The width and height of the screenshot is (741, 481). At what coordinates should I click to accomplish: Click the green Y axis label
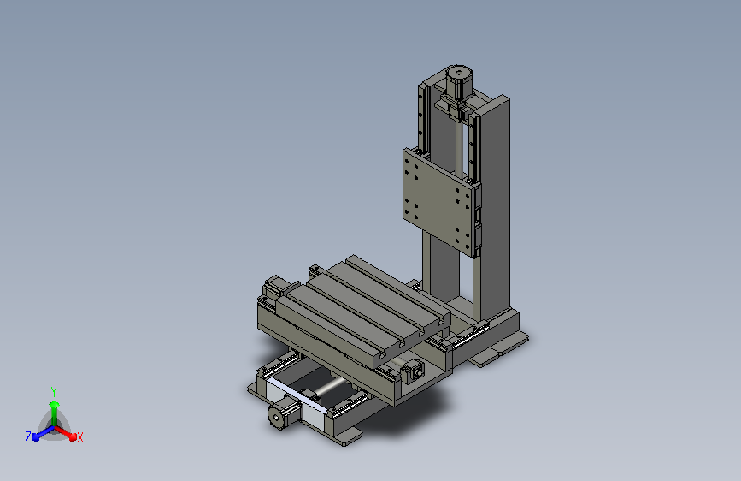(x=53, y=391)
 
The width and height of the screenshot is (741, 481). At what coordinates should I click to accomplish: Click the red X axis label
(x=79, y=437)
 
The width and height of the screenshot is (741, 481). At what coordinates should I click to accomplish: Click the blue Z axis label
(x=28, y=437)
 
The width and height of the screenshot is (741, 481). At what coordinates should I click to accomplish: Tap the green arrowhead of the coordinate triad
(x=54, y=404)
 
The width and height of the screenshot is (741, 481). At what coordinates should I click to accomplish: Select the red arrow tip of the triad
(x=73, y=436)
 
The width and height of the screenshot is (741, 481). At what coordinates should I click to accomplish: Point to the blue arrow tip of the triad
(x=36, y=437)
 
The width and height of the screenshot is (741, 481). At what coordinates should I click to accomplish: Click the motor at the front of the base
(x=284, y=413)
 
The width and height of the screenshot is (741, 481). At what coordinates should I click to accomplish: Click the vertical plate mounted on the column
(x=439, y=201)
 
